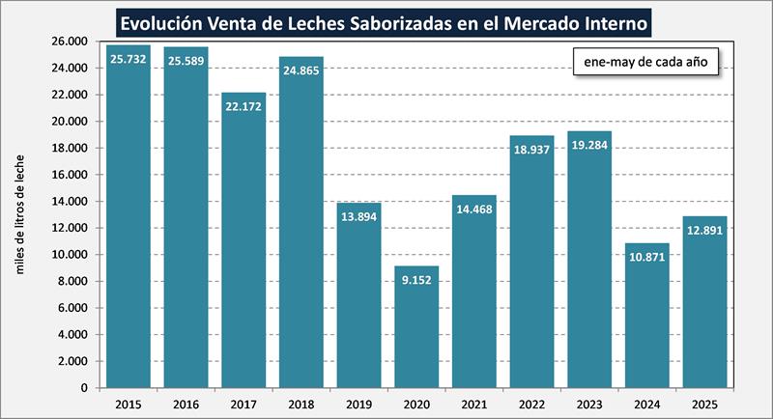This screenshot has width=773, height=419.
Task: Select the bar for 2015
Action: click(x=129, y=222)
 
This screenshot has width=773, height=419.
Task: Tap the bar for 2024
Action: click(x=644, y=319)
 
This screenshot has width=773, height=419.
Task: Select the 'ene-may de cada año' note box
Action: click(x=645, y=63)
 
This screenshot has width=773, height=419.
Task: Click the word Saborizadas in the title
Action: click(x=376, y=22)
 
